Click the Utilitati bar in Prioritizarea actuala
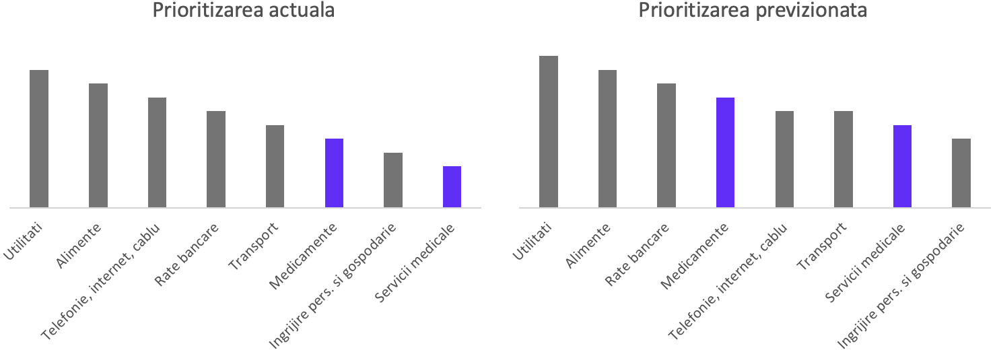click(x=39, y=139)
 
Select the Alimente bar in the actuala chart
click(x=98, y=145)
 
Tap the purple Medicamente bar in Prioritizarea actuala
click(x=334, y=173)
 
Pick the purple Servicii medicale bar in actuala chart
click(x=452, y=186)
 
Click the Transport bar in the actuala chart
click(x=275, y=166)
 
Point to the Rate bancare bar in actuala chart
click(x=216, y=159)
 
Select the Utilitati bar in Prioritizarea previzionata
click(x=549, y=131)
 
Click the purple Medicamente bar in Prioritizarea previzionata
click(x=725, y=152)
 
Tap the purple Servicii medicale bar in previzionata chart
click(x=902, y=166)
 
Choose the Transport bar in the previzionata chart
click(x=843, y=159)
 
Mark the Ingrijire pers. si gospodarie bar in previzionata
click(x=961, y=173)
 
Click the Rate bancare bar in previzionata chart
click(x=666, y=145)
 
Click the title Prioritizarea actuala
click(x=244, y=11)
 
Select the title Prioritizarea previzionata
click(x=753, y=11)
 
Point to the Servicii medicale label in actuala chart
click(x=415, y=263)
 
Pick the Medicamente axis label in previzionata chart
click(x=694, y=258)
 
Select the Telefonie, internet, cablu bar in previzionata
click(x=784, y=159)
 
